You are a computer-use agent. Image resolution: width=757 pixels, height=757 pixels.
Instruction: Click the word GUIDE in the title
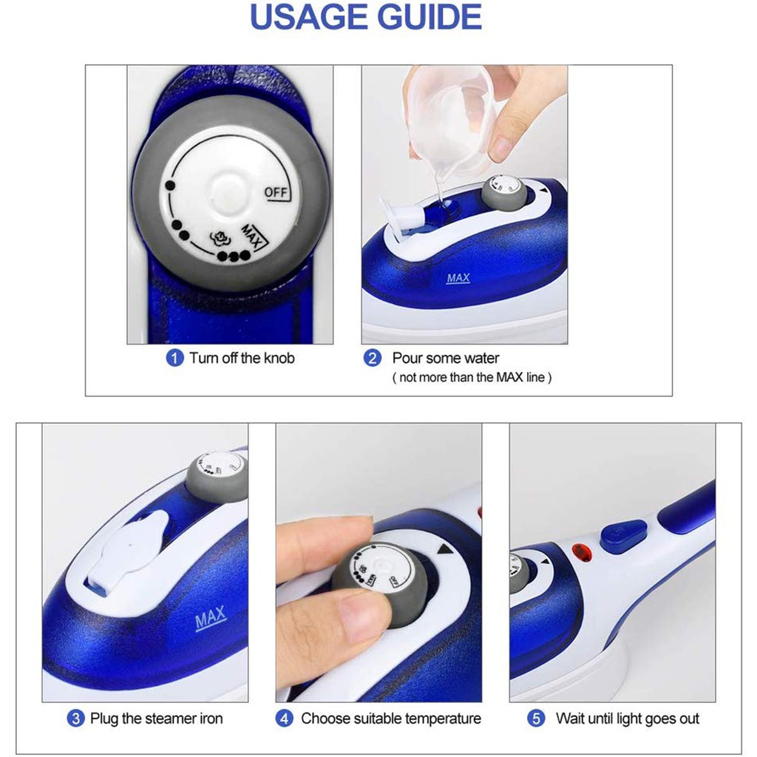[x=430, y=17]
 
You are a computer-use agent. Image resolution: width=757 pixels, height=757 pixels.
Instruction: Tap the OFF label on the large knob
[x=276, y=192]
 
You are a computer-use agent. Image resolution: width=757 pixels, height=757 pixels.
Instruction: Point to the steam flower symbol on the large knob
[x=219, y=237]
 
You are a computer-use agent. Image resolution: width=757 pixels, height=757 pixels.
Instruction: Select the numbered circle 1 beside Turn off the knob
[x=174, y=359]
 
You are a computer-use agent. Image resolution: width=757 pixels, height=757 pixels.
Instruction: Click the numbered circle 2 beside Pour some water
[x=373, y=359]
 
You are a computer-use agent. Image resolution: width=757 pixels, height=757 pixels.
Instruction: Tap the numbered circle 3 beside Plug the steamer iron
[x=75, y=719]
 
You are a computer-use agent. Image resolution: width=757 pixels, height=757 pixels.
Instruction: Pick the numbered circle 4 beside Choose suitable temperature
[x=284, y=719]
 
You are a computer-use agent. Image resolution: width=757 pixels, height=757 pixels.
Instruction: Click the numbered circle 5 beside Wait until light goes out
[x=536, y=719]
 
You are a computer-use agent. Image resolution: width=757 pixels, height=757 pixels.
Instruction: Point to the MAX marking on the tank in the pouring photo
[x=458, y=278]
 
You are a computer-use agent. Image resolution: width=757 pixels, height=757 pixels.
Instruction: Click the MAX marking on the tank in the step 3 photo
[x=211, y=618]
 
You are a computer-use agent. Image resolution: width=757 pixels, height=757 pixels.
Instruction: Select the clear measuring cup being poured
[x=447, y=120]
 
